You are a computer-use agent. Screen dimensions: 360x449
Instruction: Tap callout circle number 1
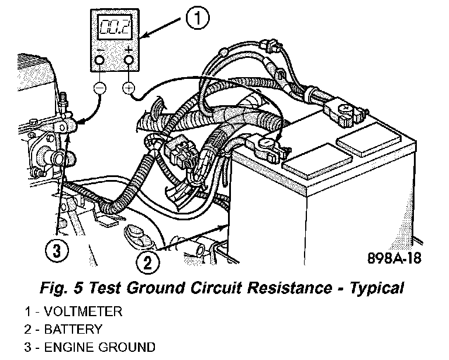(198, 19)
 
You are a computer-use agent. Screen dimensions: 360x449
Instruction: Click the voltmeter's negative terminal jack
(99, 60)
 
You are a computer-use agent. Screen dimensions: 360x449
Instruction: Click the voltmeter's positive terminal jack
(129, 60)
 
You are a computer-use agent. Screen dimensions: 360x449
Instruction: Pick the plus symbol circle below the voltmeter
(129, 89)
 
